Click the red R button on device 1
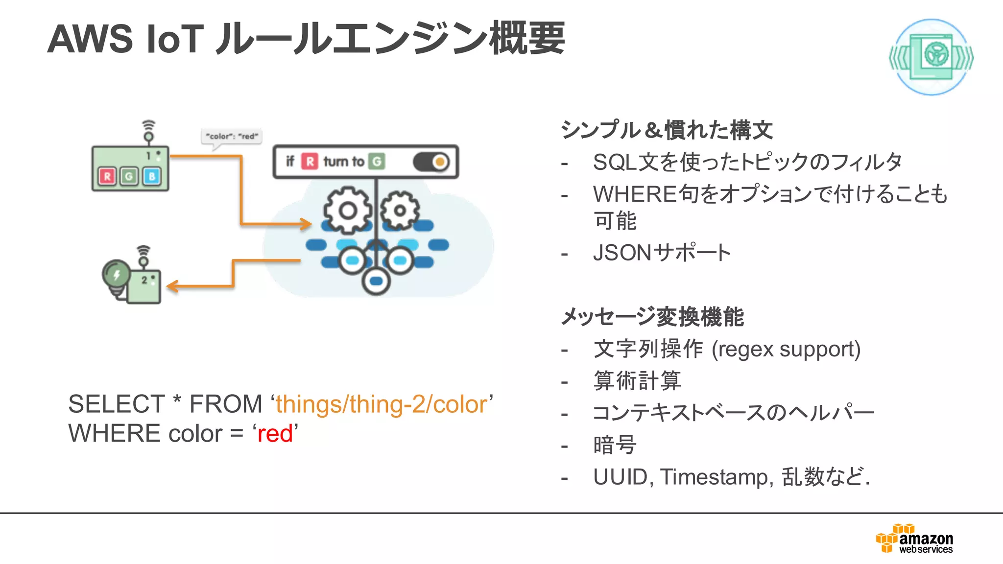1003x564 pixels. pos(107,176)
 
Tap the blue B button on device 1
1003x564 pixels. pos(152,176)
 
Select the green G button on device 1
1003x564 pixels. pos(129,176)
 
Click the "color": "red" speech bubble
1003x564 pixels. pos(232,136)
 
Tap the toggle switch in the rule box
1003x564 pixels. pos(431,162)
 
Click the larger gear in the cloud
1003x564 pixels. pos(347,211)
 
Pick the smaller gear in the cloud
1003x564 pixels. pos(400,211)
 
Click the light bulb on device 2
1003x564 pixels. pos(116,275)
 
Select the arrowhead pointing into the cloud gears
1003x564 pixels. pos(307,224)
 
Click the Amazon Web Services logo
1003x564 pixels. pos(915,539)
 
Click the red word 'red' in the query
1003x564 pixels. pos(275,434)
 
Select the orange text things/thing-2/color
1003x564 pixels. pos(382,404)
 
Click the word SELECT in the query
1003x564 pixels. pos(117,404)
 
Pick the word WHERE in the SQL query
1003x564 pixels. pos(115,434)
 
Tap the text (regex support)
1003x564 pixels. pos(786,349)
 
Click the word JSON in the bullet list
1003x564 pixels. pos(622,253)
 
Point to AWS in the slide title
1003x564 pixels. pos(90,39)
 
